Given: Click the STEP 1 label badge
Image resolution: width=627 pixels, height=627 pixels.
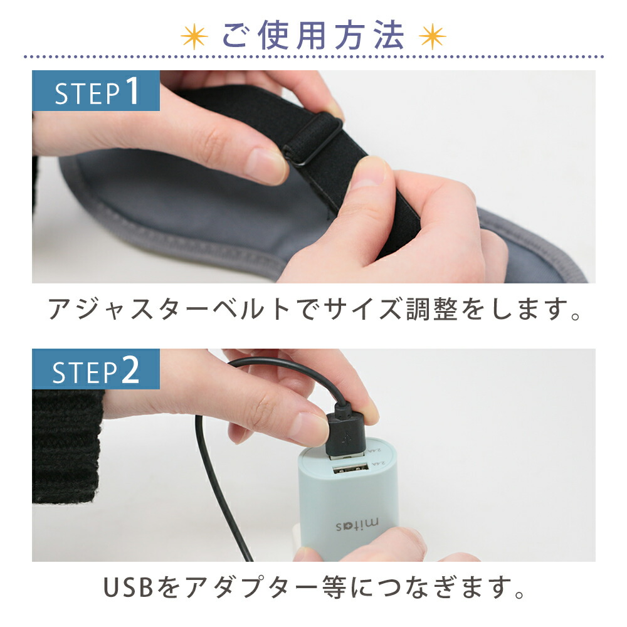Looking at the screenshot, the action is point(96,91).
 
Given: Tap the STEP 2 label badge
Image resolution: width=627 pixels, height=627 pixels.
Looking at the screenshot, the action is point(96,369).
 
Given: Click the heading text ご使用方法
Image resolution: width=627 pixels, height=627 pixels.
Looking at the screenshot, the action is point(313,36).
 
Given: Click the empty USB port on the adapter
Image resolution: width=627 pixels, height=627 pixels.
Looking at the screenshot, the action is point(350,468).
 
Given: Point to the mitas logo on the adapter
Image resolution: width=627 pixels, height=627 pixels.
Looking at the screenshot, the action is point(358,524).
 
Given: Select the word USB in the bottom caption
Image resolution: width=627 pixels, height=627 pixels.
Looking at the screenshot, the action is point(129,587).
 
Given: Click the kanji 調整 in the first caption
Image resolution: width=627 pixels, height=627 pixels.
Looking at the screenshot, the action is point(432,309).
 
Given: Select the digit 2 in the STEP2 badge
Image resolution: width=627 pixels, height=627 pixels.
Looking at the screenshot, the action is point(130,369).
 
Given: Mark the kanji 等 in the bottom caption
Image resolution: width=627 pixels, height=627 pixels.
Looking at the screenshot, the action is point(334,587).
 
